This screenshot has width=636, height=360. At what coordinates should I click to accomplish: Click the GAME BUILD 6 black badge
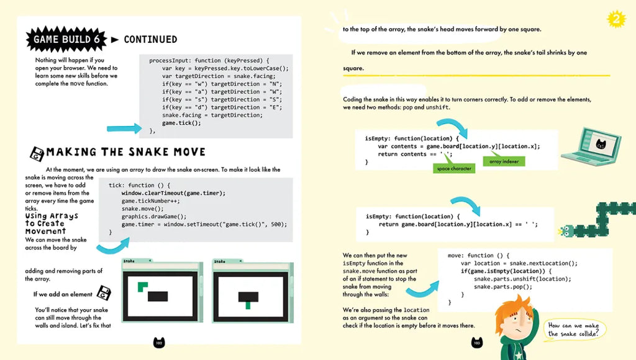click(x=66, y=39)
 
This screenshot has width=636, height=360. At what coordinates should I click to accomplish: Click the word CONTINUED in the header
click(x=150, y=39)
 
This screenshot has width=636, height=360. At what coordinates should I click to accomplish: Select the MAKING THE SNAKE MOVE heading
click(x=125, y=152)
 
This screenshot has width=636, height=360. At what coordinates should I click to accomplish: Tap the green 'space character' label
click(x=454, y=169)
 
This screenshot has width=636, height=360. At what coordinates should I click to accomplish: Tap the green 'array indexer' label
click(x=504, y=161)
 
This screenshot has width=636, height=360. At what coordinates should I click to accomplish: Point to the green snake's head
click(x=567, y=232)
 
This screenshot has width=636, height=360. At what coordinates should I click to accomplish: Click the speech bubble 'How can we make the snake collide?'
click(x=573, y=329)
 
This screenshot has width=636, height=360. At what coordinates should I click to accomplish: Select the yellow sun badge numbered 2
click(x=616, y=19)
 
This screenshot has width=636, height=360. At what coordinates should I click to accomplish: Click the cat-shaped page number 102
click(x=159, y=343)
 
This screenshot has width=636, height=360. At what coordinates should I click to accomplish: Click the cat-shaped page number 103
click(x=477, y=343)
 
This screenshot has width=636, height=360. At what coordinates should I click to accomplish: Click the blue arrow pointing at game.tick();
click(x=124, y=128)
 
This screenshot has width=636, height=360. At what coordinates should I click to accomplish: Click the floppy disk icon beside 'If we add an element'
click(x=104, y=293)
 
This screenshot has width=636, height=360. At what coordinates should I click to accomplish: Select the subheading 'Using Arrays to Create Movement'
click(x=52, y=223)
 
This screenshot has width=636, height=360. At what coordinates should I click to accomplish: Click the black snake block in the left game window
click(x=158, y=296)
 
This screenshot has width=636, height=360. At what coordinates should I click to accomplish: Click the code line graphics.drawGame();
click(x=154, y=217)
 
